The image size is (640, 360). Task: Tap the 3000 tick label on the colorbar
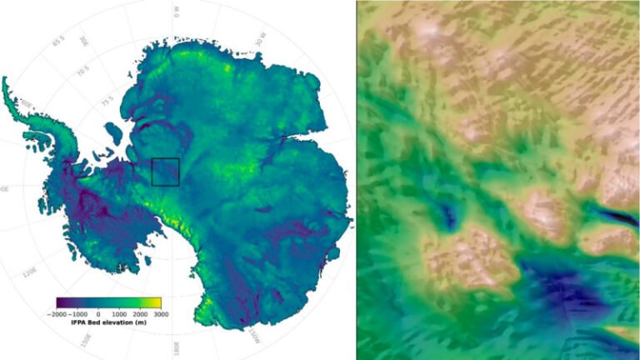(x=153, y=313)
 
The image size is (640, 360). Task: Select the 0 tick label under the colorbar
(x=99, y=313)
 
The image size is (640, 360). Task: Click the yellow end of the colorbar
(x=157, y=302)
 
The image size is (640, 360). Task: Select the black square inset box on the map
(x=165, y=172)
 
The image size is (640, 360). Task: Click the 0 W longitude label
(x=177, y=9)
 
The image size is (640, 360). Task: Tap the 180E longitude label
(x=177, y=344)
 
